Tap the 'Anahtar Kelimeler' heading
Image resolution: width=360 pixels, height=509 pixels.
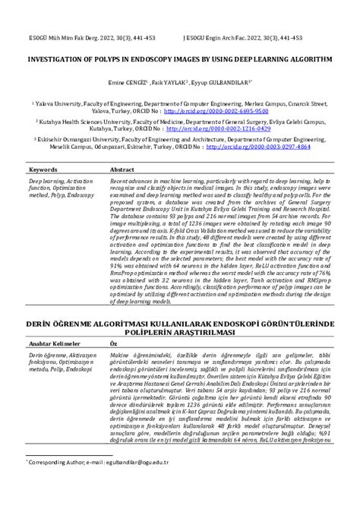[x=55, y=344]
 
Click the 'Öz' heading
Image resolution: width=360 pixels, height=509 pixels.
[x=114, y=344]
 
